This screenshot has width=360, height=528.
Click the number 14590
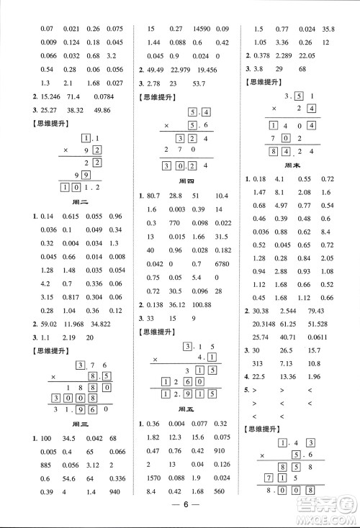pyautogui.click(x=202, y=29)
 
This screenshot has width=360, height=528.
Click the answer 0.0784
pyautogui.click(x=107, y=96)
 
